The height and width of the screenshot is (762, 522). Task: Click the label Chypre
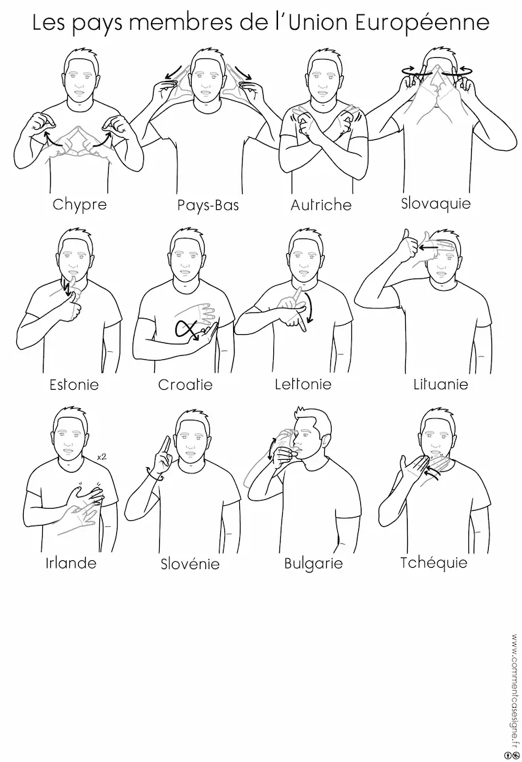point(80,204)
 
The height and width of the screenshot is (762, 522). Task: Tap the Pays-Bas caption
point(208,205)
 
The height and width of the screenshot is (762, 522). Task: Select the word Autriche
point(321,204)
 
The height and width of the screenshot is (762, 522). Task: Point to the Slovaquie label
point(436,202)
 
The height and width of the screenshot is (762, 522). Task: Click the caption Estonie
point(74,385)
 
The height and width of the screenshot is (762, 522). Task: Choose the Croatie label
point(186,385)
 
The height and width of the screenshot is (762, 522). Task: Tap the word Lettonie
point(303,384)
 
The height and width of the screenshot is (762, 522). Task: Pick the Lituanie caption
point(440,384)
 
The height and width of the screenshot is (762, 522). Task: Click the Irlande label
point(71,563)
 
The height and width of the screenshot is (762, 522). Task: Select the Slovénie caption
point(190,564)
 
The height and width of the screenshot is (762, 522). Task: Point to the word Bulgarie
point(314,564)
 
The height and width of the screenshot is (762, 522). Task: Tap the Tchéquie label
point(434,563)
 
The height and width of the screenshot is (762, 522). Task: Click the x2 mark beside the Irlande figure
point(102,457)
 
